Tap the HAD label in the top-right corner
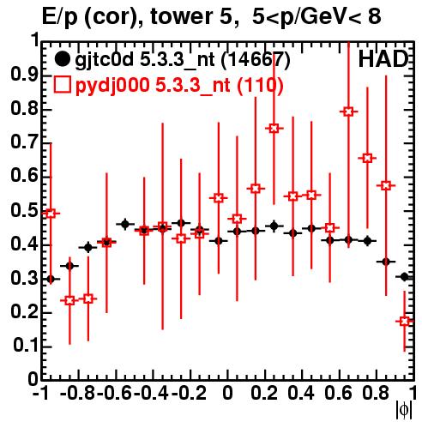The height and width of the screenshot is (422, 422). point(383,59)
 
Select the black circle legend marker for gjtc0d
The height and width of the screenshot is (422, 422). point(62,59)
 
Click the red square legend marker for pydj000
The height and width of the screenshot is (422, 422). point(62,85)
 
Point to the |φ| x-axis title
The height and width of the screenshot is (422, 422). point(404,409)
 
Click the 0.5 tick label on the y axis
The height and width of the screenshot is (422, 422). point(24,211)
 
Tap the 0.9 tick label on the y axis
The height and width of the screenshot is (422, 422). point(24,75)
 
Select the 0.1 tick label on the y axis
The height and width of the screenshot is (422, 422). point(26,346)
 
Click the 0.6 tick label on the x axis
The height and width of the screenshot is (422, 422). point(338,393)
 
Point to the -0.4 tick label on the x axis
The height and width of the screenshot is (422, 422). point(151,393)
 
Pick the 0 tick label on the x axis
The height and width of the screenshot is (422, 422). point(227,393)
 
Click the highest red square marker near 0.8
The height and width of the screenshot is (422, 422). point(348,112)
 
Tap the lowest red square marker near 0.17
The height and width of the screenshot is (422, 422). point(404,322)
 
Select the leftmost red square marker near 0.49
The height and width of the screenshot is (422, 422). point(51,214)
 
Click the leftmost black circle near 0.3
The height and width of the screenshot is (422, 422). point(51,279)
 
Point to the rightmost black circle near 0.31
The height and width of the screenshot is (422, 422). point(404,277)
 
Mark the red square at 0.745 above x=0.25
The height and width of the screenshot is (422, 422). point(274,129)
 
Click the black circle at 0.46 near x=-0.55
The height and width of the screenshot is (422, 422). point(125,225)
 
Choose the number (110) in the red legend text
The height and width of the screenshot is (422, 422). point(260,85)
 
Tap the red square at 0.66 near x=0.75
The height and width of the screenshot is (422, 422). point(367,158)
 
